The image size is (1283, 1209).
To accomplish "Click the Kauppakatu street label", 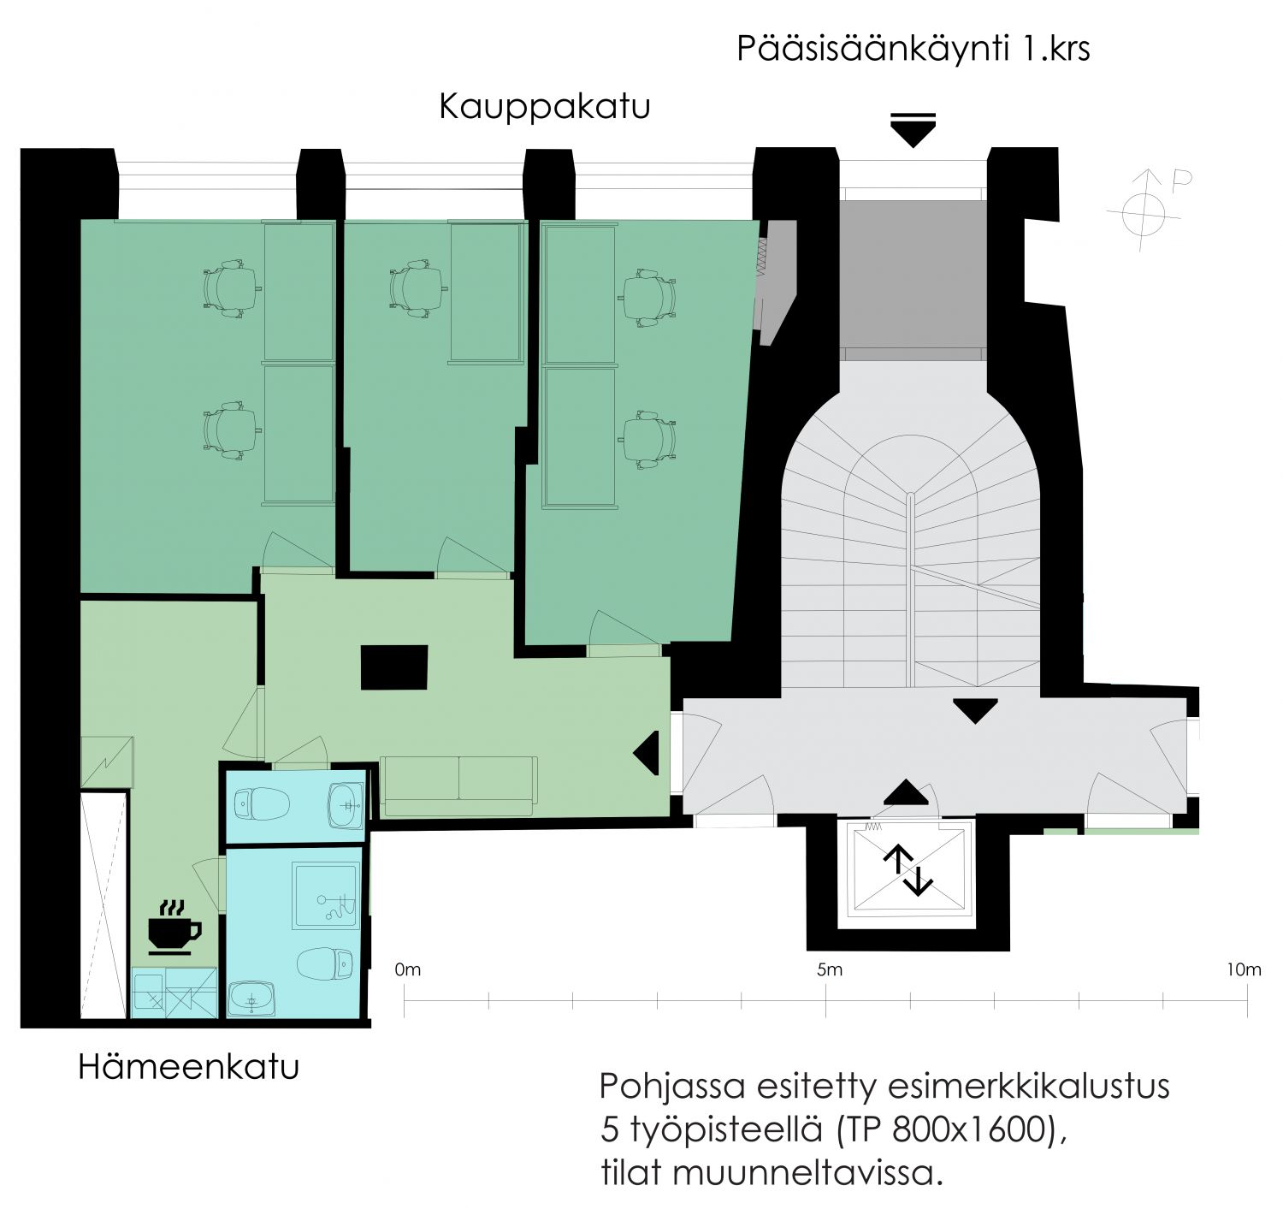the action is click(x=544, y=107).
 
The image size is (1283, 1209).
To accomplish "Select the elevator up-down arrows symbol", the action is click(x=908, y=872).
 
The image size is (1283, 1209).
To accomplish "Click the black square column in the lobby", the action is click(x=394, y=667).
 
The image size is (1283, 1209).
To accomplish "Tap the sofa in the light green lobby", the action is click(x=458, y=785).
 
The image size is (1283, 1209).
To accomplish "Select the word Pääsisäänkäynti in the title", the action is click(x=872, y=49).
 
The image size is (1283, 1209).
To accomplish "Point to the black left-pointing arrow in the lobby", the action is click(x=646, y=753).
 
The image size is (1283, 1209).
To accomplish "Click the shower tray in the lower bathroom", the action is click(x=326, y=896).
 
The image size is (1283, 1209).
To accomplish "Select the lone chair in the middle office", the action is click(x=416, y=288).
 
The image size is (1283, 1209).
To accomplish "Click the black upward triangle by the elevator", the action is click(x=906, y=792).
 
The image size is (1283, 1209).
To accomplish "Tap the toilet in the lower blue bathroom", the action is click(x=325, y=963).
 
